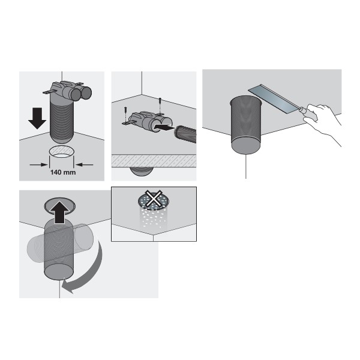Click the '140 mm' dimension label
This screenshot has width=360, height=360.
point(63,172)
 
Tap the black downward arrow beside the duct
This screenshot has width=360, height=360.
point(37,118)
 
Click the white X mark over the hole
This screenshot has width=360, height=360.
point(154,199)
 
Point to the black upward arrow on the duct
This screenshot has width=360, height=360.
point(59,212)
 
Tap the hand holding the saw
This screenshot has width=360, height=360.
point(323,122)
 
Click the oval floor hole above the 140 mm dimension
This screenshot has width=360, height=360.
point(62,152)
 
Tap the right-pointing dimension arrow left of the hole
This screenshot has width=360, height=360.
point(38,164)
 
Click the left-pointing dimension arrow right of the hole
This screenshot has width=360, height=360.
point(84,164)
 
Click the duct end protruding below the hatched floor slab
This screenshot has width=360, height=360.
point(141,171)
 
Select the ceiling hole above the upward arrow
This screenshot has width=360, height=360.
point(59,205)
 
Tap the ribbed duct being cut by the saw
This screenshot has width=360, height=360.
point(245,125)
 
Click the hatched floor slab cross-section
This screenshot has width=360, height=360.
point(154,160)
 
